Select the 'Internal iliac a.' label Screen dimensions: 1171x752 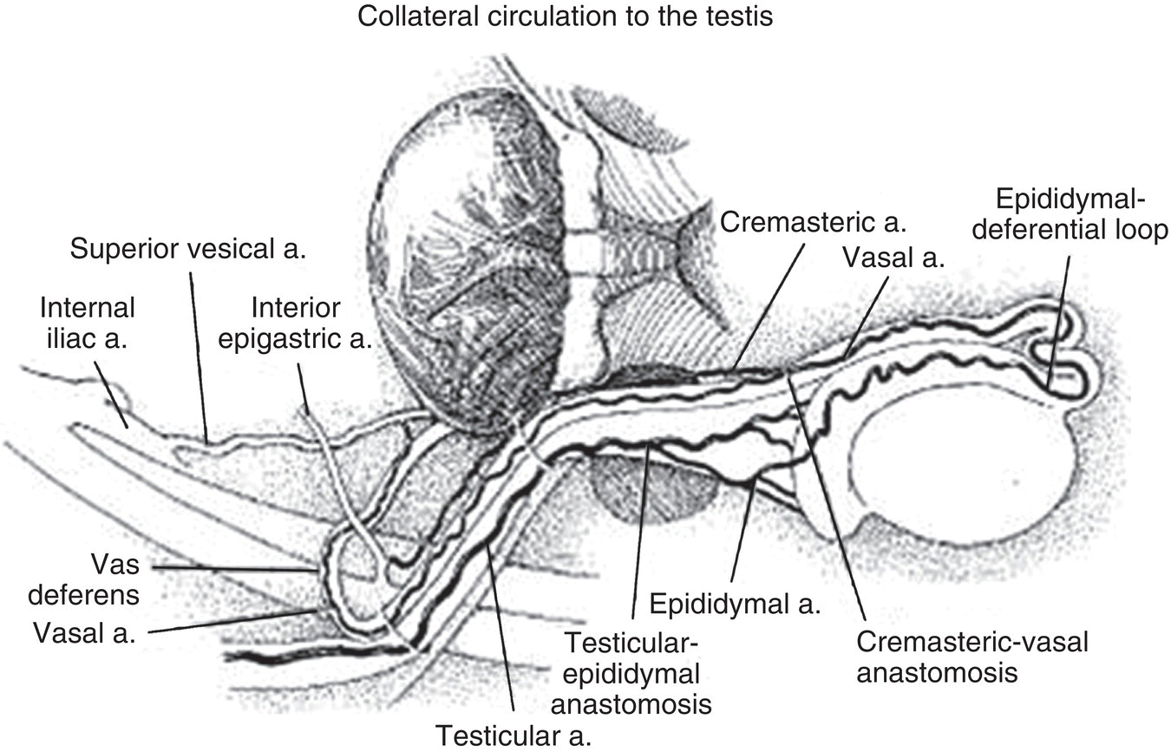click(87, 323)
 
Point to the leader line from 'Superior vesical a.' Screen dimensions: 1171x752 click(198, 356)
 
